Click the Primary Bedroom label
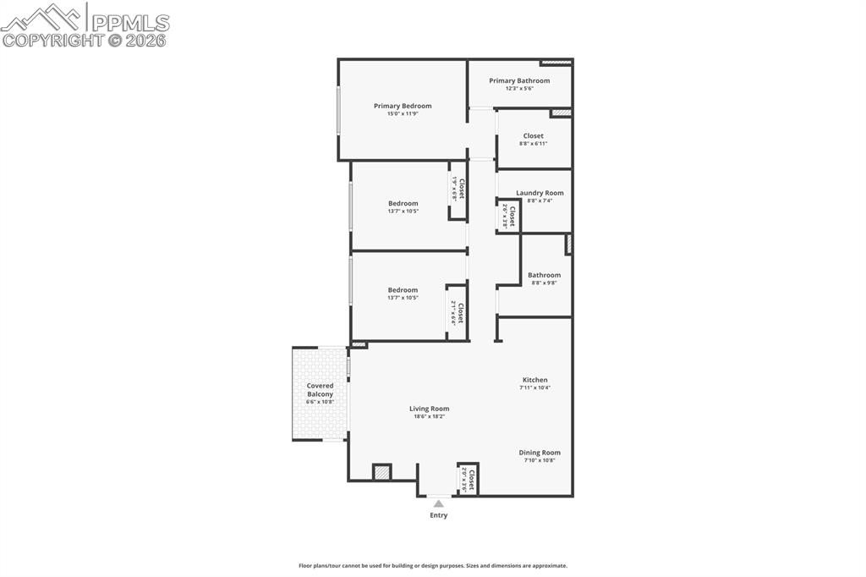point(403,106)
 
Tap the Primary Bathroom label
point(519,80)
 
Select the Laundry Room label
point(540,193)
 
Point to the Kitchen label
point(534,380)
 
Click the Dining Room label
point(540,453)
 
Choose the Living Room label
point(429,409)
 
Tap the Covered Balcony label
point(320,390)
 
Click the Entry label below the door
point(438,515)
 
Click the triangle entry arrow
point(438,503)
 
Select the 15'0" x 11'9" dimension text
point(403,114)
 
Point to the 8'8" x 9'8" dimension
point(544,283)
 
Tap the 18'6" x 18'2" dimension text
point(429,416)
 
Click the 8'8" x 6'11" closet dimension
point(533,144)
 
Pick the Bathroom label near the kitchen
point(544,275)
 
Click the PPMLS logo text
point(129,22)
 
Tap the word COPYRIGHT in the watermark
point(52,40)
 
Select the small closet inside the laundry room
point(508,217)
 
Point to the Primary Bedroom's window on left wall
point(338,110)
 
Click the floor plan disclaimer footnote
point(432,566)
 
